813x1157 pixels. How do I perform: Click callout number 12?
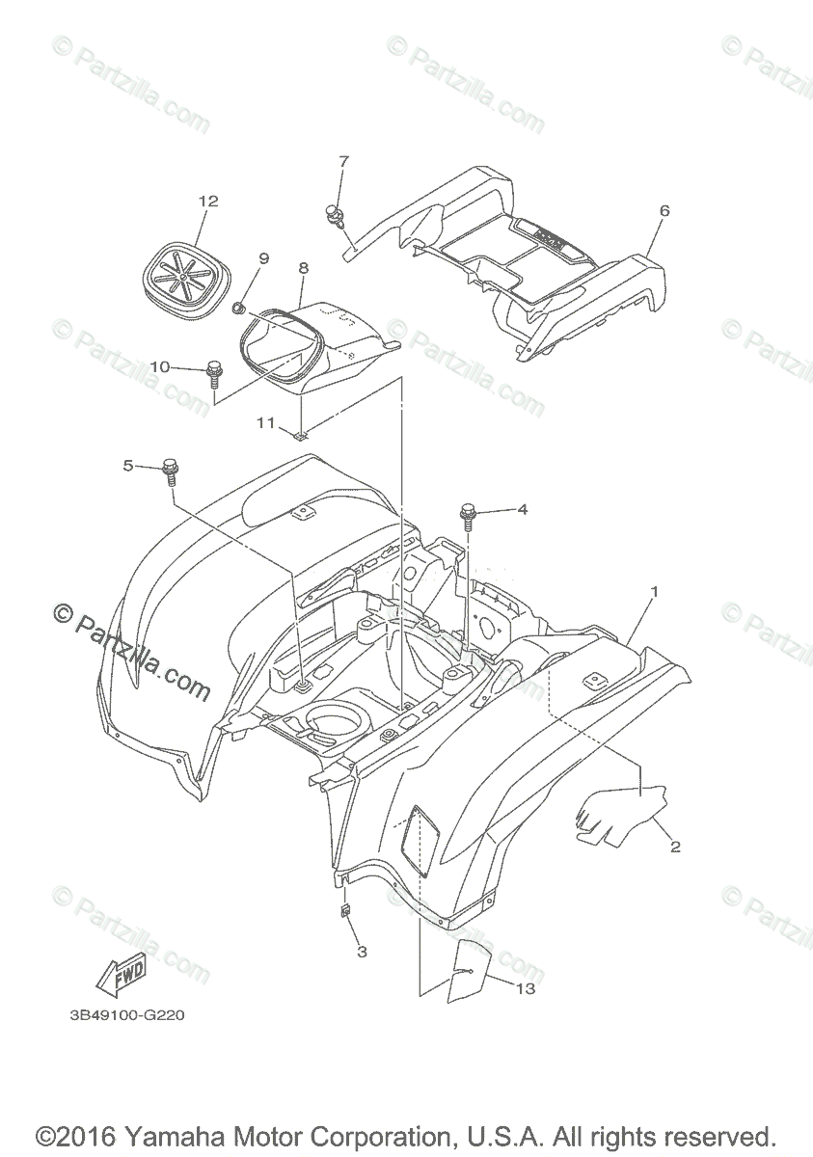pos(208,202)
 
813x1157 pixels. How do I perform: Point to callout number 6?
pos(664,210)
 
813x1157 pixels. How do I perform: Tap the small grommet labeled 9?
pos(237,309)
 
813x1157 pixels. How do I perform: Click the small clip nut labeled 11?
pos(302,436)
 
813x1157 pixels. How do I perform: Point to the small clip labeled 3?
pos(344,910)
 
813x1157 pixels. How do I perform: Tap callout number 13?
pos(526,988)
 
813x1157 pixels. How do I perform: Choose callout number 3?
pos(363,953)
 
